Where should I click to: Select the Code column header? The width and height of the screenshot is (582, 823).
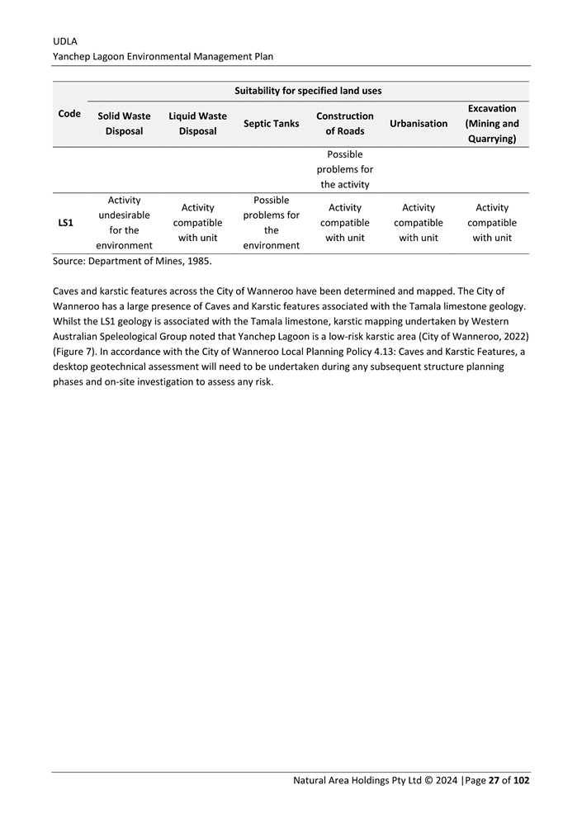[69, 114]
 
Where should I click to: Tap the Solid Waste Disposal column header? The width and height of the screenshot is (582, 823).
[125, 124]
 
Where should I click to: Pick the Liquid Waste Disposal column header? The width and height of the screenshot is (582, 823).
[197, 124]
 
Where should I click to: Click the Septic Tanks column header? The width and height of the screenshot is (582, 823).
[271, 124]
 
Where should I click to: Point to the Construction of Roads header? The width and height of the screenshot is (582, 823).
[344, 124]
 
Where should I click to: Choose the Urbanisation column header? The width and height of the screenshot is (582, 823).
[419, 124]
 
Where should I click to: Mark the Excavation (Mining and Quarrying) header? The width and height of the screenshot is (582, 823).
[492, 124]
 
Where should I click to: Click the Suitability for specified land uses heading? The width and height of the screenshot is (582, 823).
[308, 90]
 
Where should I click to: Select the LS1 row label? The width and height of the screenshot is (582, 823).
[65, 224]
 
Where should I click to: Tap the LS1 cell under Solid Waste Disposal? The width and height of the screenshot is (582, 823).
[125, 223]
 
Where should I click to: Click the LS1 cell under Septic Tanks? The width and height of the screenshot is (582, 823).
[271, 223]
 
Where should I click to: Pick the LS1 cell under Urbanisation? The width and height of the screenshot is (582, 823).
[419, 223]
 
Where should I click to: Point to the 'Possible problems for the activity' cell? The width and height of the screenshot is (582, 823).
[344, 169]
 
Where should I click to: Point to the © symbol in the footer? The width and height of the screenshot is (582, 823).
[431, 780]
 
